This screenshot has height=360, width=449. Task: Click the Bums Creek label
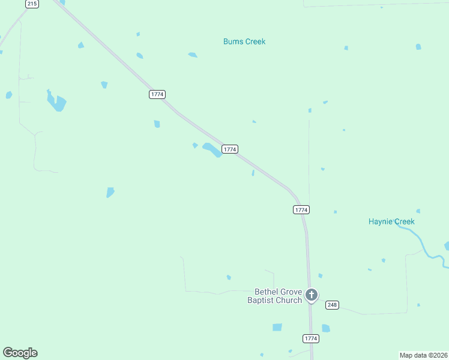[x=244, y=41]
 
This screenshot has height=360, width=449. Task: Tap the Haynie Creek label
[x=391, y=221]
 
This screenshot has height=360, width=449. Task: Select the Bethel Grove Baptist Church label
[x=275, y=296]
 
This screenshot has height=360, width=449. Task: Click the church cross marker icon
[x=311, y=295]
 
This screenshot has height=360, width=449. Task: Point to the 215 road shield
[x=32, y=4]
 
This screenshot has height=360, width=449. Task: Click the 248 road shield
[x=332, y=305]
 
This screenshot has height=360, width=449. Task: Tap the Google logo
[x=20, y=353]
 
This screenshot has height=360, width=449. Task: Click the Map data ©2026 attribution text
[x=423, y=355]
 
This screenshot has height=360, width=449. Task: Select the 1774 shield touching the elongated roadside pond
[x=230, y=149]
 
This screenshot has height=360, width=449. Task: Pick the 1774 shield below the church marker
[x=310, y=338]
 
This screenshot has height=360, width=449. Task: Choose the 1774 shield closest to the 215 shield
[x=157, y=94]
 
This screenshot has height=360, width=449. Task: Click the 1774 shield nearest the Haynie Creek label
[x=301, y=209]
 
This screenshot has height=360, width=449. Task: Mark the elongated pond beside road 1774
[x=212, y=150]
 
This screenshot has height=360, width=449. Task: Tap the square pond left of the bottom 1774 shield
[x=277, y=327]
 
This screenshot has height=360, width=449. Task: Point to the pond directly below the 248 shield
[x=325, y=328]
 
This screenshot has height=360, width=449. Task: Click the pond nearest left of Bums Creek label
[x=192, y=55]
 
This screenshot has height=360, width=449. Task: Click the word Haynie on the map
[x=381, y=221]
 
